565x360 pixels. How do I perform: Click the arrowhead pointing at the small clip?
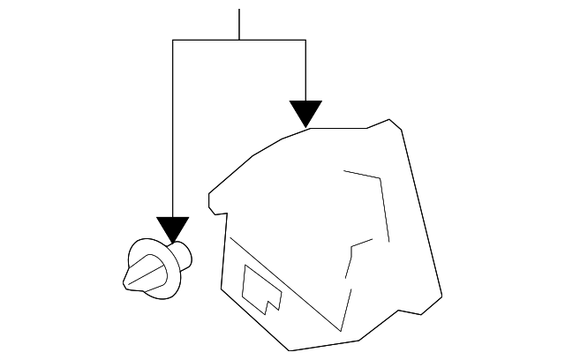click(173, 229)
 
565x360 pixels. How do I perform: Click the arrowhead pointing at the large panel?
click(305, 114)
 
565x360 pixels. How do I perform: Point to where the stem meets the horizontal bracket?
click(239, 40)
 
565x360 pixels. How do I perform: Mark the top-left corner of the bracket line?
click(173, 40)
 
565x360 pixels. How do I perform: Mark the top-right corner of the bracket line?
click(305, 40)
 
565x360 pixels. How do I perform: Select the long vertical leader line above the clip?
click(173, 132)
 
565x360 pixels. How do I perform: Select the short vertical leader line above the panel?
click(305, 71)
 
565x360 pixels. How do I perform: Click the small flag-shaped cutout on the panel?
click(261, 290)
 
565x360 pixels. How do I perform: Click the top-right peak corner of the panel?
click(389, 117)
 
